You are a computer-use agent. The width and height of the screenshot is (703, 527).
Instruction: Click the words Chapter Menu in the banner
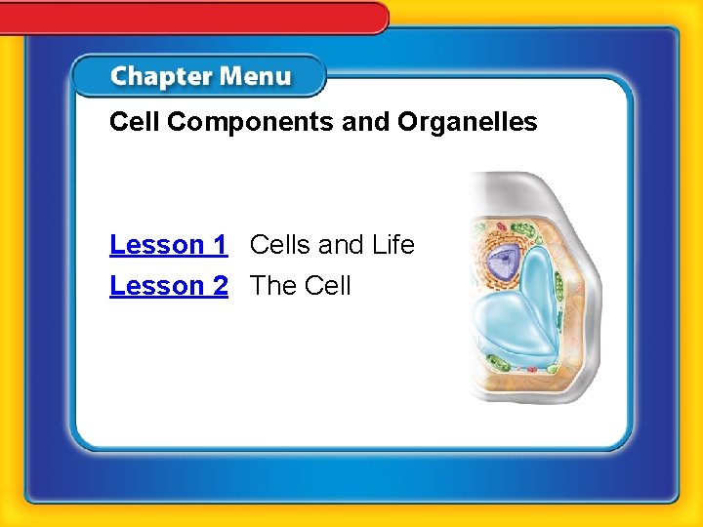pyautogui.click(x=200, y=77)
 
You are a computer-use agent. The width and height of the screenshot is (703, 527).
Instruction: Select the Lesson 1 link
pyautogui.click(x=168, y=244)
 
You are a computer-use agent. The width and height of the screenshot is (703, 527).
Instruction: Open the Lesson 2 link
pyautogui.click(x=168, y=286)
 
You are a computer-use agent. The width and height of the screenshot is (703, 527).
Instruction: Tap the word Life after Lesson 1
pyautogui.click(x=393, y=244)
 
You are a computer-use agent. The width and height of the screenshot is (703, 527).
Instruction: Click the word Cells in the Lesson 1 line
pyautogui.click(x=281, y=244)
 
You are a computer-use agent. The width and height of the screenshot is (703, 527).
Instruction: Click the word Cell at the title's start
pyautogui.click(x=131, y=122)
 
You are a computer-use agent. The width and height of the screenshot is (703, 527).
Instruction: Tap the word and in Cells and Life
pyautogui.click(x=341, y=244)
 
